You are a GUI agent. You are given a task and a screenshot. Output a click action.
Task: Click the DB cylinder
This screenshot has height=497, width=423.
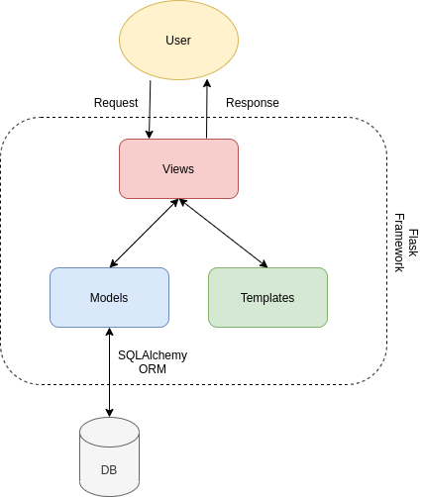tap(109, 450)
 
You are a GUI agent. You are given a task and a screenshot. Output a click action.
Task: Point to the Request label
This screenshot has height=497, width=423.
tap(116, 103)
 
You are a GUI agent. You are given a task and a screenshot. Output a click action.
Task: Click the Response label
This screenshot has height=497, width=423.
tap(253, 103)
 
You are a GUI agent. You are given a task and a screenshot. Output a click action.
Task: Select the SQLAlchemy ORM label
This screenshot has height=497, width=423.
tap(153, 361)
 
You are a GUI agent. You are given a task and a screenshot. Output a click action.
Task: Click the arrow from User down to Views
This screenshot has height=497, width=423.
tap(150, 109)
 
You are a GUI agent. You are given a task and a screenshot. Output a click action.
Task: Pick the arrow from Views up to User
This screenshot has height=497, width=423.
tap(207, 109)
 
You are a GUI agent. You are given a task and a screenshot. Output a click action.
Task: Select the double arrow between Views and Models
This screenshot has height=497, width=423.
tap(144, 234)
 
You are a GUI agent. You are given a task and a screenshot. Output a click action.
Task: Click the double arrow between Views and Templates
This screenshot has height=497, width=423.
tap(223, 234)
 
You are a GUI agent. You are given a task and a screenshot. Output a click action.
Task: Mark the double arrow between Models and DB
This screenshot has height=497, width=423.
tap(109, 371)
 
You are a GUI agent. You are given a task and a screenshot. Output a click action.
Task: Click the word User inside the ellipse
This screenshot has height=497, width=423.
tap(178, 41)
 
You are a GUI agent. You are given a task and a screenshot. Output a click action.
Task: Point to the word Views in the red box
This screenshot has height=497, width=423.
tap(178, 169)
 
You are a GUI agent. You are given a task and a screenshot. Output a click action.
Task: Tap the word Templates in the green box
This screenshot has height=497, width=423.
tap(267, 298)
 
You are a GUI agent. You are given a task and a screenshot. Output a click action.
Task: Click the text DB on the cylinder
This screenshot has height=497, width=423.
tap(109, 469)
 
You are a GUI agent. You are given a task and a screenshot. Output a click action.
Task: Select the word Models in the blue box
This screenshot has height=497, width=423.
tap(109, 298)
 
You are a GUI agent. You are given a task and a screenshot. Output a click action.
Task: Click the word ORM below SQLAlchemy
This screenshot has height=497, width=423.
tap(153, 369)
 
